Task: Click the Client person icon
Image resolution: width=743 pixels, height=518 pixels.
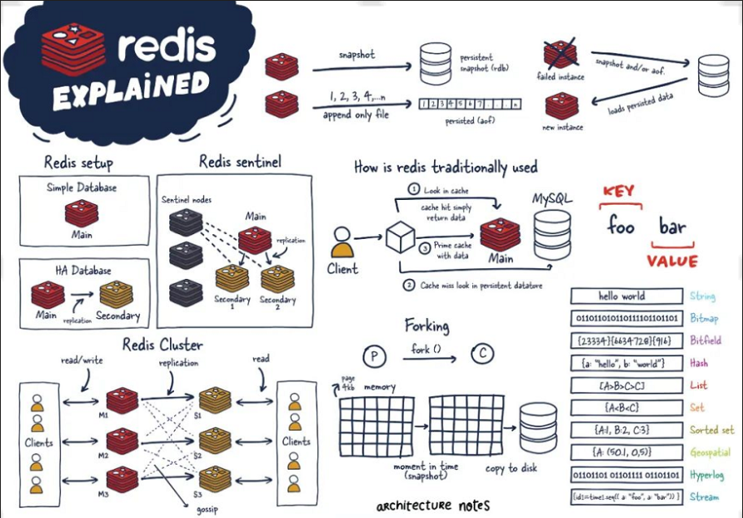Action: (342, 242)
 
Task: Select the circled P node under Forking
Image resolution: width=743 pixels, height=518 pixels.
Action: (376, 356)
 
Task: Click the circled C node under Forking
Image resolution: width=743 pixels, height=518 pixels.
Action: (482, 355)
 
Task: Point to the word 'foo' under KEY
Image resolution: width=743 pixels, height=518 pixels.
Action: (621, 227)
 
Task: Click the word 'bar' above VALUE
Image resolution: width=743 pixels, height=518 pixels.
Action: (672, 227)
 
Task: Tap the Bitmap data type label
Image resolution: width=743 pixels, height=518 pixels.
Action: (705, 318)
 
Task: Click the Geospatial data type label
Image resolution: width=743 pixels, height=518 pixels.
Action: (710, 452)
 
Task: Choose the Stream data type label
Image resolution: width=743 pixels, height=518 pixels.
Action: (704, 497)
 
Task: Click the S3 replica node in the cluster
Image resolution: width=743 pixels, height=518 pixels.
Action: (215, 479)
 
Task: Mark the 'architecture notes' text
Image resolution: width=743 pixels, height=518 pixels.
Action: (432, 506)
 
